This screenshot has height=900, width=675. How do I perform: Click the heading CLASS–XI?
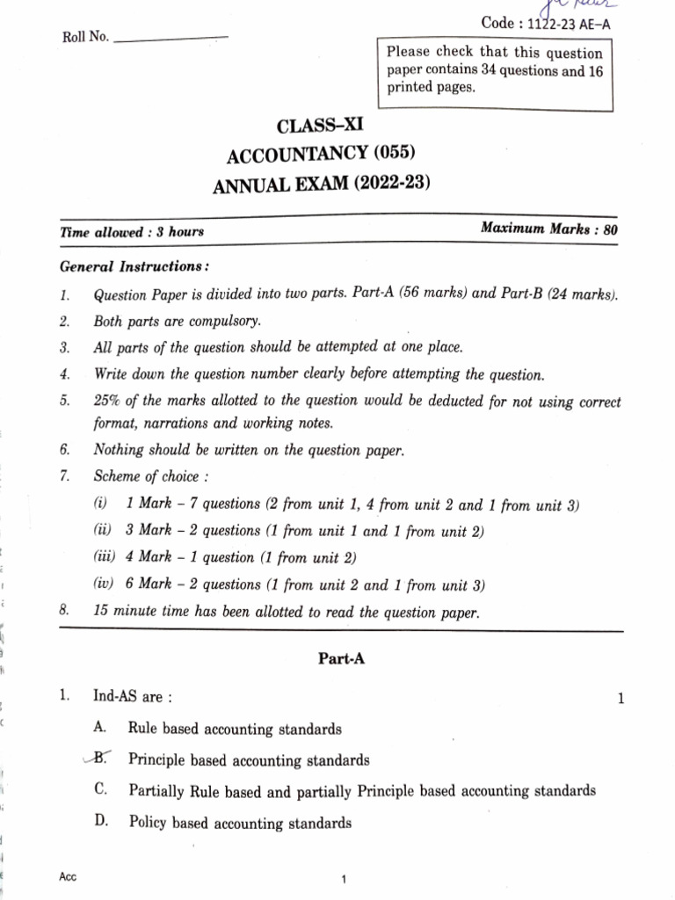click(320, 127)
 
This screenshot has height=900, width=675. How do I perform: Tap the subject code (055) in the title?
click(393, 156)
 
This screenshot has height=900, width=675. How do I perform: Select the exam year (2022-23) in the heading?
click(387, 185)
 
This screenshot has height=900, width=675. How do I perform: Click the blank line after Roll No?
click(171, 38)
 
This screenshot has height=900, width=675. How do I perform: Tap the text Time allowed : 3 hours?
click(132, 232)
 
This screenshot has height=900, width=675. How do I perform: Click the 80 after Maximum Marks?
click(610, 229)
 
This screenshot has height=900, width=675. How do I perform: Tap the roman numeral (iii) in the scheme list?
click(105, 557)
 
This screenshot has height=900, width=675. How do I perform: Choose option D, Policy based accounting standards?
click(240, 824)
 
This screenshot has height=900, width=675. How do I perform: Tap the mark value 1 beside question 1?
click(621, 700)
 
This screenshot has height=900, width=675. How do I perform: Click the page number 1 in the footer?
click(345, 879)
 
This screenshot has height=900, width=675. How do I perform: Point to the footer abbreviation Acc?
click(68, 877)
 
